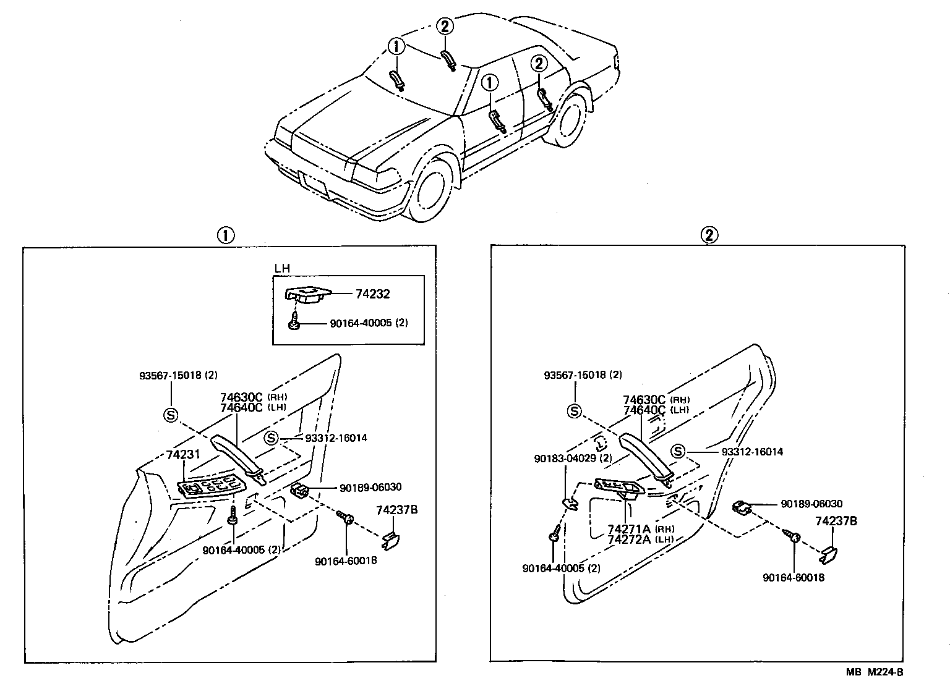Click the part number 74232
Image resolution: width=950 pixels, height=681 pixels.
pos(372,294)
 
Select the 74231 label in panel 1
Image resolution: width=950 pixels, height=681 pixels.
pos(184,454)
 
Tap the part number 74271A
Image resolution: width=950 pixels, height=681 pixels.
pos(629,529)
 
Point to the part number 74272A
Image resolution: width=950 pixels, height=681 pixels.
pos(629,539)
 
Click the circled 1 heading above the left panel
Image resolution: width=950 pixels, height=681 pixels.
pos(226,235)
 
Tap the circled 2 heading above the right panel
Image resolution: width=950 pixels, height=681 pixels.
pos(709,235)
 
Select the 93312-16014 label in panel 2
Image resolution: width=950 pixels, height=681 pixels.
pos(752,452)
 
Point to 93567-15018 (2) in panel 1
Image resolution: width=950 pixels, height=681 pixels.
pos(178,375)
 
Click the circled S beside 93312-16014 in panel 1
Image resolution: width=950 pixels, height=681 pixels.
pos(271,438)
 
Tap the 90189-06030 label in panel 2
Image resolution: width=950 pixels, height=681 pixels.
pos(811,504)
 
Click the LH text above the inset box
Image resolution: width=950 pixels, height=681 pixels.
pos(282,269)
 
